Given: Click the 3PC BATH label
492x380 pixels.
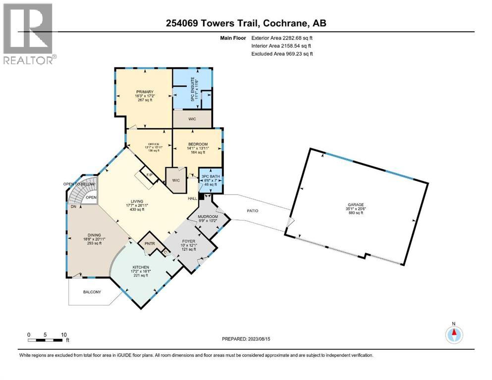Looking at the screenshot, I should tap(210, 175).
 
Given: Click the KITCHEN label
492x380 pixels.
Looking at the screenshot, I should tap(140, 267).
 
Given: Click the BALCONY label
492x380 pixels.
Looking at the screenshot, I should tap(91, 292).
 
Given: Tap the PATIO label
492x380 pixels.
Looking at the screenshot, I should tap(253, 211).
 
